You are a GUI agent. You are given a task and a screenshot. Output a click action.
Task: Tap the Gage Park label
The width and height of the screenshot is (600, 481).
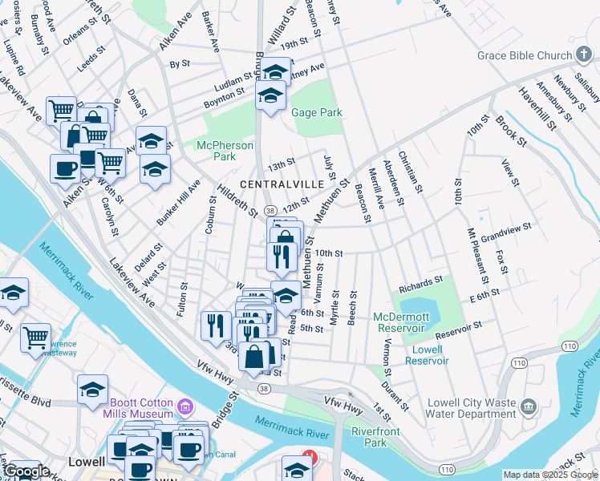tap(317, 113)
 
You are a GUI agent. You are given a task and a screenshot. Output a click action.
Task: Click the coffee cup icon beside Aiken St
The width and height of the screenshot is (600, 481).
tap(65, 168)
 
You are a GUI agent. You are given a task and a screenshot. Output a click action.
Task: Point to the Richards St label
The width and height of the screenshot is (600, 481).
tap(421, 282)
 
